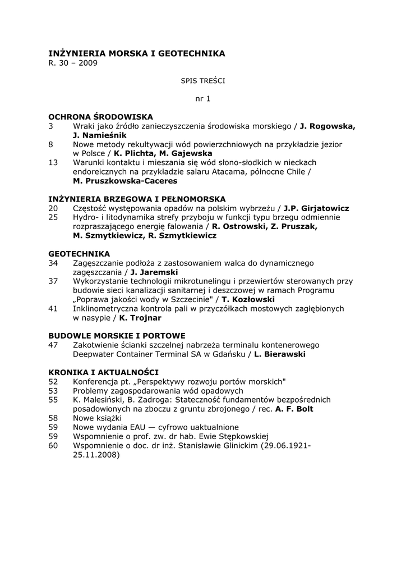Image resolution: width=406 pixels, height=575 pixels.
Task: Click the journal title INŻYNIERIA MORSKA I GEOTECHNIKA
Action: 137,53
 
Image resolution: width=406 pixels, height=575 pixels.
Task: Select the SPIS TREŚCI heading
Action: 202,81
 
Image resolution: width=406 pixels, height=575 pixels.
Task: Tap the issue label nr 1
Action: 202,99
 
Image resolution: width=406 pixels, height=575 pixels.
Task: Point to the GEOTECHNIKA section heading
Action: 79,254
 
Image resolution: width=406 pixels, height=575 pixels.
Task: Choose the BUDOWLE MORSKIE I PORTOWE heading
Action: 117,336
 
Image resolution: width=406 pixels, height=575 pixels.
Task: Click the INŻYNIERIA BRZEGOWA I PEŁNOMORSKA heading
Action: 137,199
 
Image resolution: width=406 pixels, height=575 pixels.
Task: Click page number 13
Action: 53,162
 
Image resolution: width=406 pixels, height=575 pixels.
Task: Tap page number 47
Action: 53,345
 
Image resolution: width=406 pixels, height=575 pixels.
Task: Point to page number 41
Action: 53,308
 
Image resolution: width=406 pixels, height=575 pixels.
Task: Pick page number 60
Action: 53,445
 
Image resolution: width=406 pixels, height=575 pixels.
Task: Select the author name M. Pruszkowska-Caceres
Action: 125,181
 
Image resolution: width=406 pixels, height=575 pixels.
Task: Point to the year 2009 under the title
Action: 88,63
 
